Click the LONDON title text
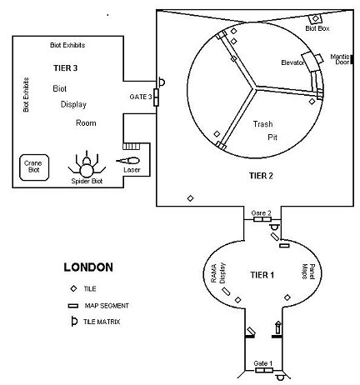[88, 267]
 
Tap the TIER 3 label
[66, 68]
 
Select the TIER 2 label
[261, 176]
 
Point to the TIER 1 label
[262, 275]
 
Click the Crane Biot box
[34, 167]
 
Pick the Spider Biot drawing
[87, 165]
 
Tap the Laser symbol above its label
[128, 161]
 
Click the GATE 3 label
[141, 97]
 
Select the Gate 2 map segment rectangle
[262, 219]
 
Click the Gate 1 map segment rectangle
[264, 370]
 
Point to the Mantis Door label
[340, 59]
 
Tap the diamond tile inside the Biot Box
[315, 18]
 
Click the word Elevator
[292, 62]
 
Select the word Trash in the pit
[262, 124]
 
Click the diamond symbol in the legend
[73, 288]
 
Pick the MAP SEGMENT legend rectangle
[73, 306]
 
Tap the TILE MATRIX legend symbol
[74, 322]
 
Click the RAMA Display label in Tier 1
[218, 273]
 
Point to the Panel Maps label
[308, 272]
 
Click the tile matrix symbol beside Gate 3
[162, 82]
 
